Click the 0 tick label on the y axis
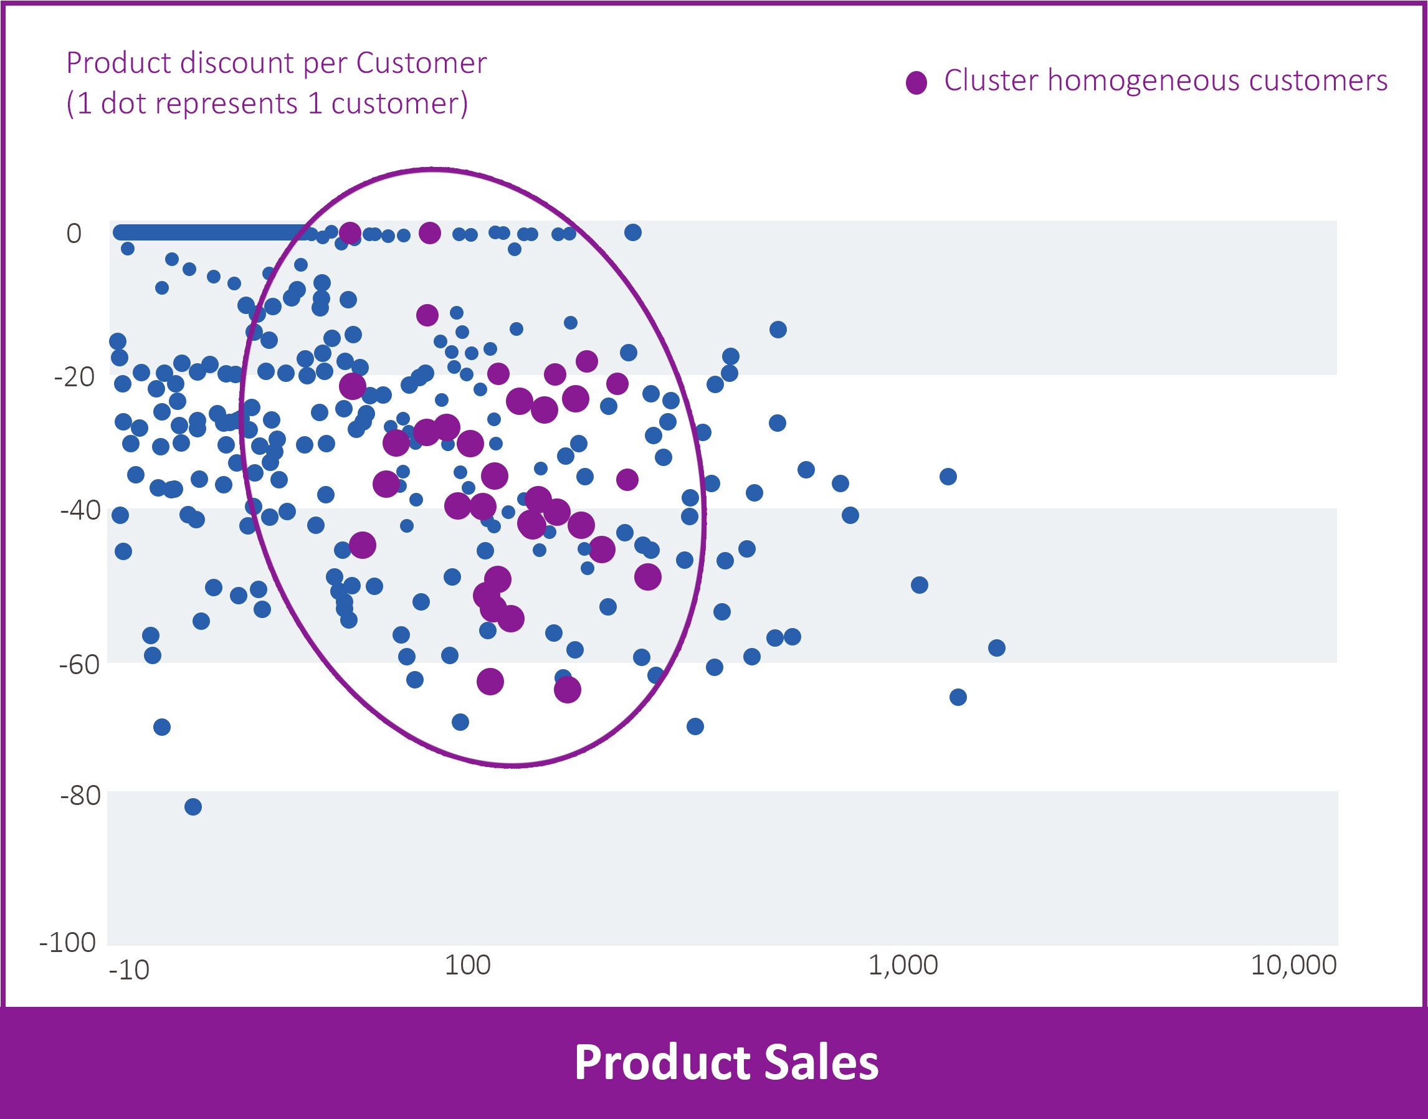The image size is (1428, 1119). click(74, 234)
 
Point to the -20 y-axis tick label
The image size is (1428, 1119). click(74, 378)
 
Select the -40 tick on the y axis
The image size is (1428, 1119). click(80, 510)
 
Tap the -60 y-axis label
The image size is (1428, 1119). click(79, 665)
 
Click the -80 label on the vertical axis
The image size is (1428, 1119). click(80, 796)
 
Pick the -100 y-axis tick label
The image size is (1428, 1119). click(68, 943)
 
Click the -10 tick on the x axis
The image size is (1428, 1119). click(129, 970)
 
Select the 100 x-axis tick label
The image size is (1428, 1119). click(467, 966)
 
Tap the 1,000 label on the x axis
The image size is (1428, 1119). click(903, 966)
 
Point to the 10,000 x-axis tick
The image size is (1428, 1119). click(1293, 966)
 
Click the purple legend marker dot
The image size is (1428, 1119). click(916, 82)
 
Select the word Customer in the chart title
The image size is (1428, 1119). click(421, 64)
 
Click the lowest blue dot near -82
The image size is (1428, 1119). click(193, 806)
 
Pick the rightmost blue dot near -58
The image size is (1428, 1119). click(996, 648)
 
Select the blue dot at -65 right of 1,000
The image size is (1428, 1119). click(958, 697)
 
